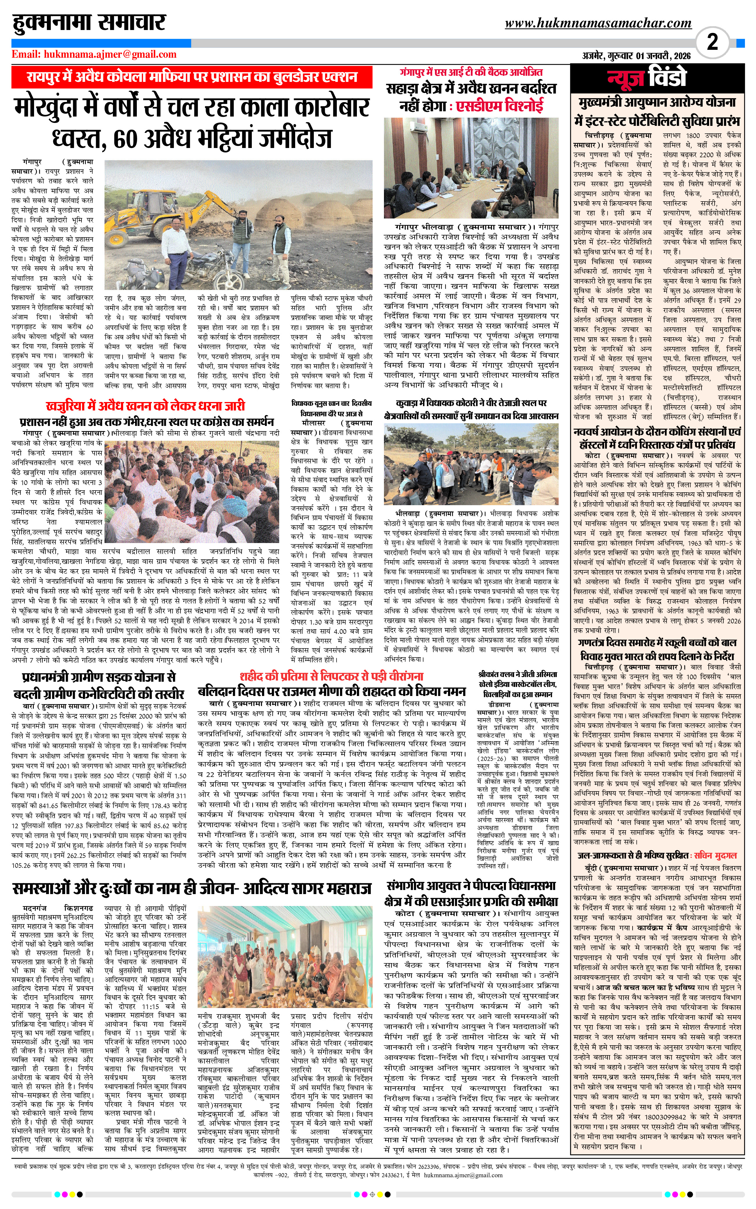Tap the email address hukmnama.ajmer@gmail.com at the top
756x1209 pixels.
[x=110, y=54]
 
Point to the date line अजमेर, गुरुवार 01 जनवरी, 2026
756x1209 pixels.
[x=636, y=56]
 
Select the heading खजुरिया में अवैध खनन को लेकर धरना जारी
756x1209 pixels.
[x=145, y=405]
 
